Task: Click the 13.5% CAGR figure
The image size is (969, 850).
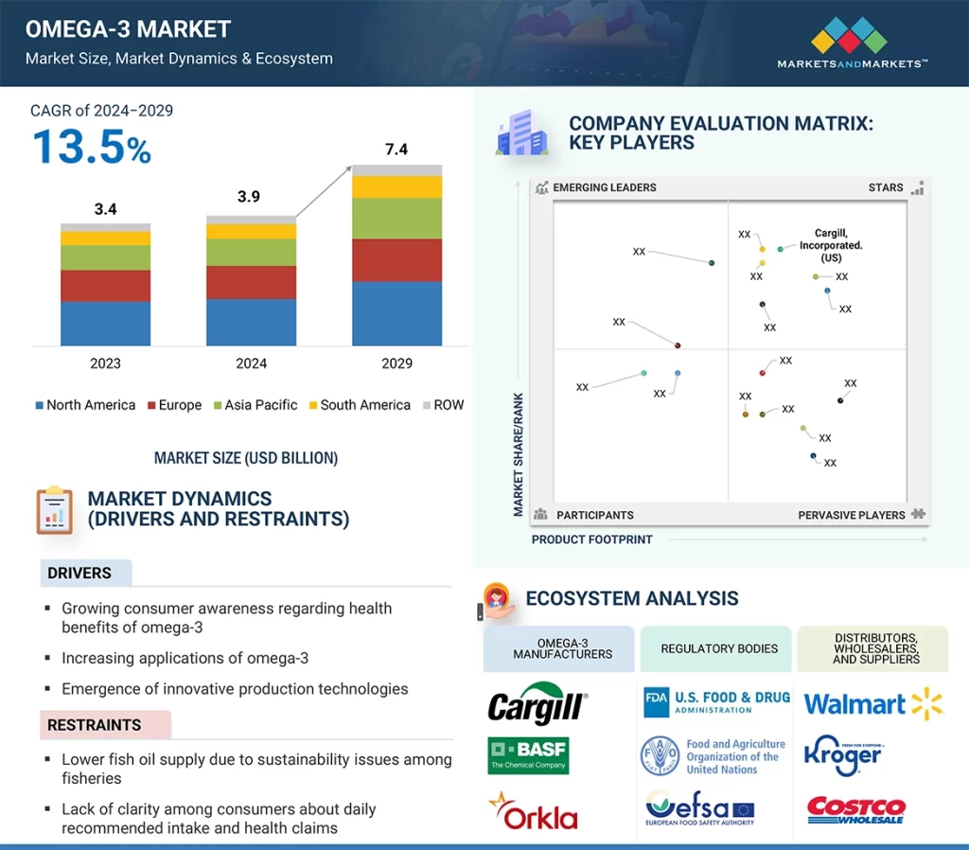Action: pyautogui.click(x=92, y=149)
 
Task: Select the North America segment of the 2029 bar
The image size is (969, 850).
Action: pyautogui.click(x=396, y=313)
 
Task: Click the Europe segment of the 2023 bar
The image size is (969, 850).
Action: pyautogui.click(x=105, y=286)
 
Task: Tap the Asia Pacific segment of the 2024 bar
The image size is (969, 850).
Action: pyautogui.click(x=251, y=252)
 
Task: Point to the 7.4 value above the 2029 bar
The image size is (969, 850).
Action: pyautogui.click(x=396, y=149)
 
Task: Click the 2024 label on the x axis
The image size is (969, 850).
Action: pyautogui.click(x=251, y=363)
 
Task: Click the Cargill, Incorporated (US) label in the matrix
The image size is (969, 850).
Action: pyautogui.click(x=831, y=245)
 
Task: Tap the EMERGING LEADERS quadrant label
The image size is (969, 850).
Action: pyautogui.click(x=604, y=187)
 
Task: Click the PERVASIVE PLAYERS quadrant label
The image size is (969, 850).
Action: pyautogui.click(x=852, y=515)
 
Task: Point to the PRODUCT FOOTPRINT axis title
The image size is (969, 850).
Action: pyautogui.click(x=591, y=540)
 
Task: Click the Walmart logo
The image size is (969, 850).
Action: pyautogui.click(x=872, y=703)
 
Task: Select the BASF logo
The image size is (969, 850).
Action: pyautogui.click(x=528, y=755)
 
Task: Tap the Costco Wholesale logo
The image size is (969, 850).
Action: pyautogui.click(x=855, y=810)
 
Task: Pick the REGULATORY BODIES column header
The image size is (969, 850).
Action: pyautogui.click(x=718, y=648)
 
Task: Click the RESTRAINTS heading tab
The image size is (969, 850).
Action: pyautogui.click(x=95, y=725)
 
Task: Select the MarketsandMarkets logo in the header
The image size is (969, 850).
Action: pyautogui.click(x=851, y=45)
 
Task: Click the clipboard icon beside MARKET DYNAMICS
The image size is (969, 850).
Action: pyautogui.click(x=55, y=510)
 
